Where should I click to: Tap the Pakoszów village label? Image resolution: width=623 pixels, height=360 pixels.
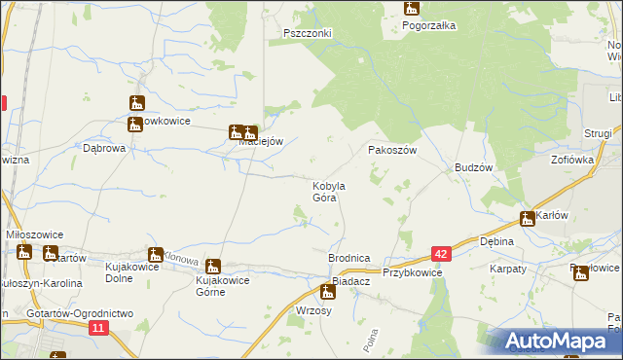click(392, 151)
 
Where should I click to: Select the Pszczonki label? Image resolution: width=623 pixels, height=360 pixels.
click(308, 32)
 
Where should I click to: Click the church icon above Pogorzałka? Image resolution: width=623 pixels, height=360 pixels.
click(412, 9)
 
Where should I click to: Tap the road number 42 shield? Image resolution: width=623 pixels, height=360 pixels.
click(442, 254)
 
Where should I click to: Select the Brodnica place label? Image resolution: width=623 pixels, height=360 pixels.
click(348, 258)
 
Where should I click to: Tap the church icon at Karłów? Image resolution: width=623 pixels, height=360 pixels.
click(528, 219)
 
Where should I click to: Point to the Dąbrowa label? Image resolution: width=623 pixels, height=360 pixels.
click(105, 149)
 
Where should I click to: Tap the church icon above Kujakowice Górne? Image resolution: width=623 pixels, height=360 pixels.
click(212, 266)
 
